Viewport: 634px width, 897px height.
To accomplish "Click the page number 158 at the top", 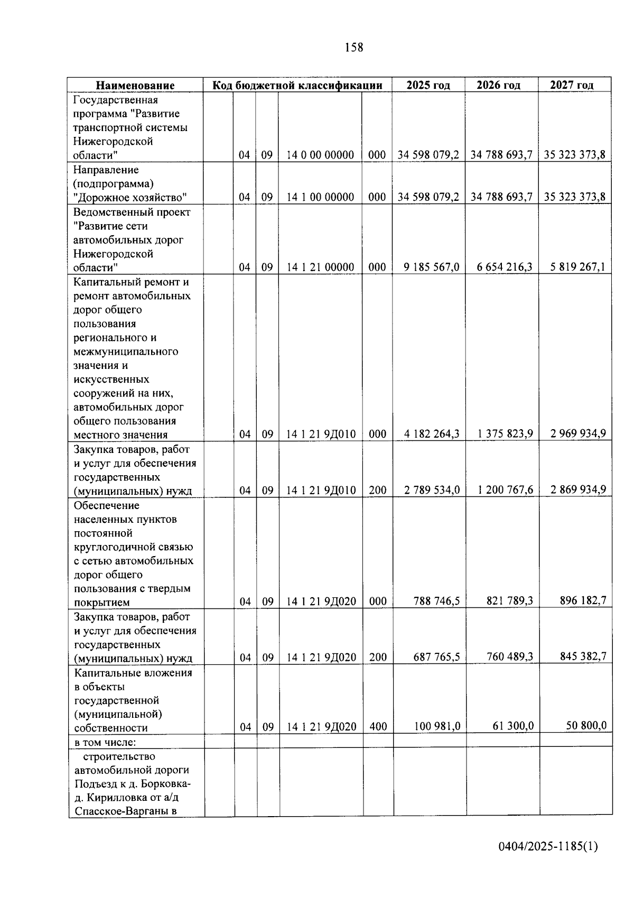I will tap(353, 48).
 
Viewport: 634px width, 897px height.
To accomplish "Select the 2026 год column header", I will tap(498, 85).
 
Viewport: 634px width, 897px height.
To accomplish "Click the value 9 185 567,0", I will tap(431, 267).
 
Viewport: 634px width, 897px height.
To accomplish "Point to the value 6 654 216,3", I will tap(504, 267).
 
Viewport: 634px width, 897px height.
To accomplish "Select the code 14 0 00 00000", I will tap(320, 155).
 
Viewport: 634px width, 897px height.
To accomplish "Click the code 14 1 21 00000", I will tap(320, 267).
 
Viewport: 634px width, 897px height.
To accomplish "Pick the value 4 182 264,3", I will tap(431, 434).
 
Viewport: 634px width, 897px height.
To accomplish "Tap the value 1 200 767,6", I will tap(505, 490).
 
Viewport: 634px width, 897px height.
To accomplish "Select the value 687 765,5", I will tap(436, 657).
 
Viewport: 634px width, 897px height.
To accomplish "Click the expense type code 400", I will tap(378, 727).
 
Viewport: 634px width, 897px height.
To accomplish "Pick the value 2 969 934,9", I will tap(577, 434).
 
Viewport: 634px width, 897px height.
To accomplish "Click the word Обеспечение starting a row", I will tap(107, 505).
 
